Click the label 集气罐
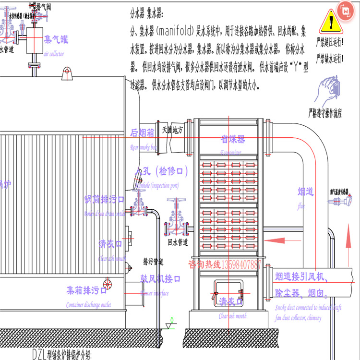click(56, 39)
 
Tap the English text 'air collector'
click(54, 54)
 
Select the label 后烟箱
click(143, 133)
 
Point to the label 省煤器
click(233, 139)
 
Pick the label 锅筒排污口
click(104, 199)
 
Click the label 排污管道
click(153, 262)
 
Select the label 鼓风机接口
click(160, 278)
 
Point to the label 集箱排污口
click(88, 290)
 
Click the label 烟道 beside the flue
click(306, 192)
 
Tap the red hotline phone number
click(225, 264)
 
